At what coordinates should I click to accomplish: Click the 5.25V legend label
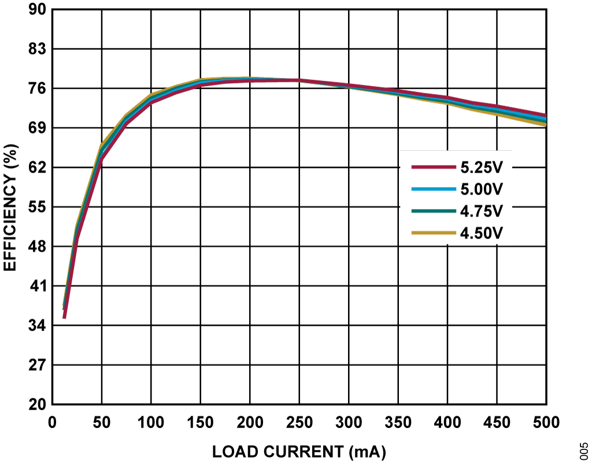pyautogui.click(x=482, y=167)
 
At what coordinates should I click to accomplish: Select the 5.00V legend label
pyautogui.click(x=482, y=189)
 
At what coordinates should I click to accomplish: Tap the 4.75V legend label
pyautogui.click(x=482, y=211)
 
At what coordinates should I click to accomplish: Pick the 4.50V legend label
pyautogui.click(x=482, y=233)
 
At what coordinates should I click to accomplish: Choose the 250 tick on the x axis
pyautogui.click(x=299, y=423)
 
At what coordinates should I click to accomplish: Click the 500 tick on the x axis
pyautogui.click(x=546, y=423)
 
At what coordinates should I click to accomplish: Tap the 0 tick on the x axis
pyautogui.click(x=52, y=423)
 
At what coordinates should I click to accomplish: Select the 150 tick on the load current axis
pyautogui.click(x=201, y=423)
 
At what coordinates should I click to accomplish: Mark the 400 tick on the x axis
pyautogui.click(x=447, y=423)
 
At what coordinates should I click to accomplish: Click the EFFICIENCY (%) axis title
pyautogui.click(x=11, y=207)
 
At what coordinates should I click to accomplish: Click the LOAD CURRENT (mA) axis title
pyautogui.click(x=299, y=451)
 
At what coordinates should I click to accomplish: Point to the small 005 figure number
pyautogui.click(x=583, y=449)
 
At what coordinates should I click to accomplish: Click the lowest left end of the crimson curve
pyautogui.click(x=64, y=317)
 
